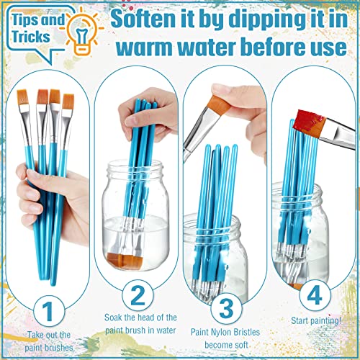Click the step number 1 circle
[49, 311]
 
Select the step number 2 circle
[138, 295]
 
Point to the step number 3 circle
[226, 308]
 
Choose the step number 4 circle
[315, 295]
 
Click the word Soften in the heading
[144, 19]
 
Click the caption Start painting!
[316, 320]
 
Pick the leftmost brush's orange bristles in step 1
[23, 98]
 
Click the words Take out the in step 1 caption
[49, 335]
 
